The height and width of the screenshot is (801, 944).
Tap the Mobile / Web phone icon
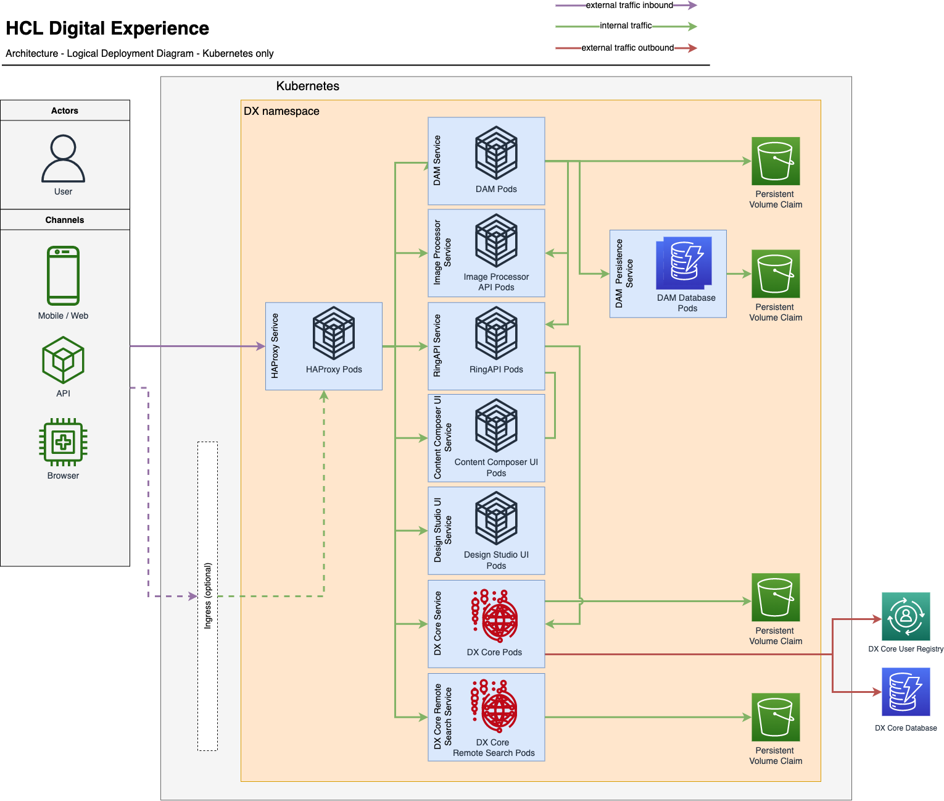[x=63, y=275]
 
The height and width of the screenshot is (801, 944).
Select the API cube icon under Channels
[x=63, y=360]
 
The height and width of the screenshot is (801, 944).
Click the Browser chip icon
[x=63, y=442]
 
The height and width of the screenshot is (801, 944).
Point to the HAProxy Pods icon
[x=334, y=333]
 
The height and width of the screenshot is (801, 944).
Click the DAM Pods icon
[x=496, y=153]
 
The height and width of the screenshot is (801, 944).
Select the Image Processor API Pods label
[x=496, y=282]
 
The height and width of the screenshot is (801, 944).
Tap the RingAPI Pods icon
[x=496, y=333]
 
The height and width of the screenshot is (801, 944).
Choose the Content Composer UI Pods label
[x=496, y=468]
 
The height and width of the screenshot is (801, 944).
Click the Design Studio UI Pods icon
[x=496, y=518]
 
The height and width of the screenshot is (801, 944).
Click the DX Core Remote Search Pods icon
[x=494, y=707]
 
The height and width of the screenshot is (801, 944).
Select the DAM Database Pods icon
[x=684, y=263]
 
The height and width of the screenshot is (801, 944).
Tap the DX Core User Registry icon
[x=906, y=616]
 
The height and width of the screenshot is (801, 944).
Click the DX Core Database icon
[x=906, y=692]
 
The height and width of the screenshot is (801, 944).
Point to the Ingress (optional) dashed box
[x=207, y=596]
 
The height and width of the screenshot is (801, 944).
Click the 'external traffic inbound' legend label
[x=629, y=6]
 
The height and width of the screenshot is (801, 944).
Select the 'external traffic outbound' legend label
[x=627, y=48]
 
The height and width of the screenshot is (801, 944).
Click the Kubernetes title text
[x=308, y=86]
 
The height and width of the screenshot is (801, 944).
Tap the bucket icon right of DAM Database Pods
[x=776, y=274]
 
